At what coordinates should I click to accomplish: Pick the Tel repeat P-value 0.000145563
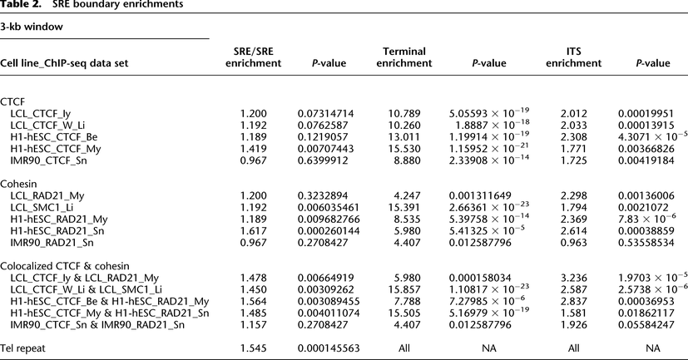point(334,344)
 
